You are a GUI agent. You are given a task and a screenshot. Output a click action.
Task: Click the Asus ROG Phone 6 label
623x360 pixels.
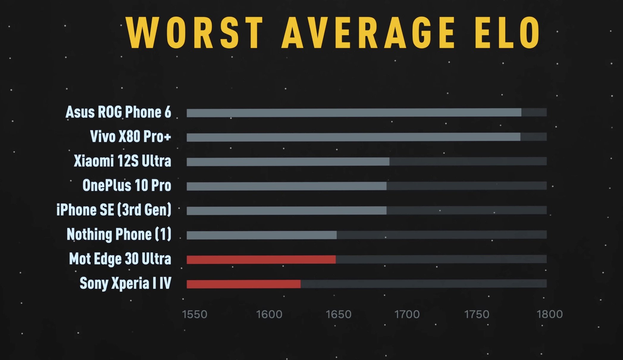coord(118,112)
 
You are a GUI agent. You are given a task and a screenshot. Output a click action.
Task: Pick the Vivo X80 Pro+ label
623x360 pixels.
coord(130,137)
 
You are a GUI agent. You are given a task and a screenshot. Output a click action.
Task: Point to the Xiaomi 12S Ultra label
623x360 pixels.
coord(122,161)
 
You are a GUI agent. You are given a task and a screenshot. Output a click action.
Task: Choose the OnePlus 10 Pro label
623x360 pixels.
coord(127,186)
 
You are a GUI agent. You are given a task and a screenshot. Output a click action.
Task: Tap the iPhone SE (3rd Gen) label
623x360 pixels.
coord(114,210)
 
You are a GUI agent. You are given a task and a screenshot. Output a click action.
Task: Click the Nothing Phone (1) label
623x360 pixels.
coord(119,235)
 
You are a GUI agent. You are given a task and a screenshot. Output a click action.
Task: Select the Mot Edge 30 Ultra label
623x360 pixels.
coord(120,259)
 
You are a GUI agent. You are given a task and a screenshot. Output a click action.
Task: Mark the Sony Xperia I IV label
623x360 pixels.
coord(125,283)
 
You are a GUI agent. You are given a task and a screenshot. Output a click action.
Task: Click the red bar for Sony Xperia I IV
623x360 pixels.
coord(243,284)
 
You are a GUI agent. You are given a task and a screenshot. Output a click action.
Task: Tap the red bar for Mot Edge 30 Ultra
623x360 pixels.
coord(261,260)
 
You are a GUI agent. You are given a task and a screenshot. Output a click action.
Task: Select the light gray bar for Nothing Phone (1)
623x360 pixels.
coord(262,235)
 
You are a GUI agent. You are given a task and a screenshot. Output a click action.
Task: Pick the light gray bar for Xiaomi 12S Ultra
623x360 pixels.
coord(288,162)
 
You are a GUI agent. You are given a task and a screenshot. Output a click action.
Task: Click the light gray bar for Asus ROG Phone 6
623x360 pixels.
coord(354,113)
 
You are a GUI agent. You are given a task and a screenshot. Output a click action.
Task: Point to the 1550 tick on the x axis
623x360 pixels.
coord(195,314)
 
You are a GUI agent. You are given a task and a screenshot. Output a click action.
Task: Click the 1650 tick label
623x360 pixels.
coord(339,314)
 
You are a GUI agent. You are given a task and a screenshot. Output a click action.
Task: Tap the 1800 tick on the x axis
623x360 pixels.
coord(550,314)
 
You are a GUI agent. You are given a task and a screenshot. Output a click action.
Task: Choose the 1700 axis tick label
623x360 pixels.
coord(407,314)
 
